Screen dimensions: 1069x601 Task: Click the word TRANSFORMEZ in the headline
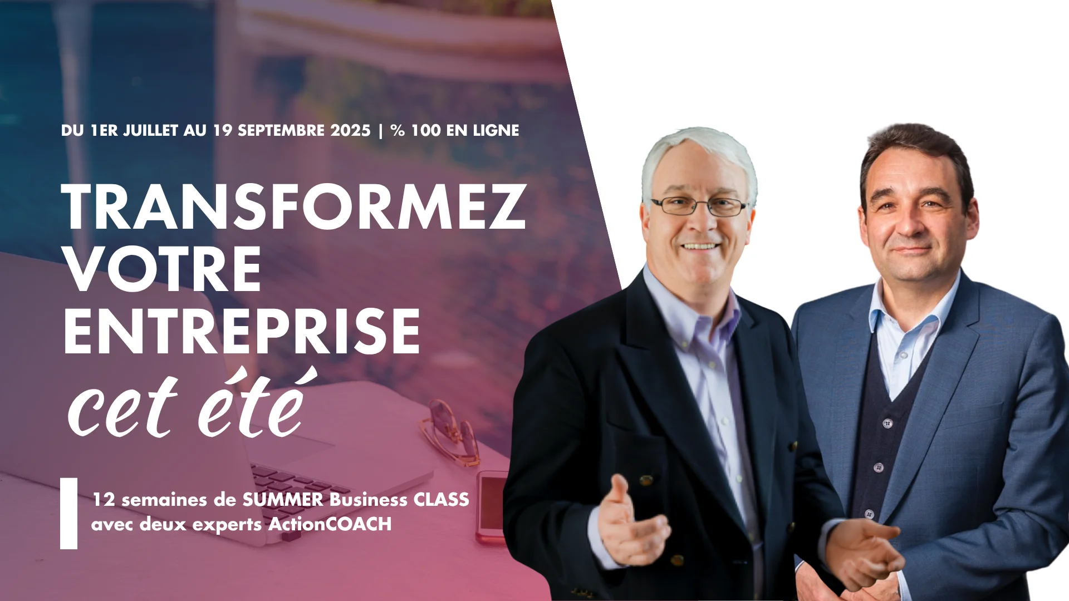click(x=293, y=206)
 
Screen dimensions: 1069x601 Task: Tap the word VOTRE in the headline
click(x=163, y=269)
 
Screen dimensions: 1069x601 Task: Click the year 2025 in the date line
click(x=350, y=130)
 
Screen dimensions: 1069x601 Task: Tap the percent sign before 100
click(x=398, y=130)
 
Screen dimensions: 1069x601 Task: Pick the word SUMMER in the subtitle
click(x=282, y=499)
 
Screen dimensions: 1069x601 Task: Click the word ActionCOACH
click(x=330, y=524)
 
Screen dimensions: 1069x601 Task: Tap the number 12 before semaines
click(x=104, y=500)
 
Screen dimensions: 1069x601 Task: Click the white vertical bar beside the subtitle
click(x=68, y=513)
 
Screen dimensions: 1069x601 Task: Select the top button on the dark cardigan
click(x=887, y=423)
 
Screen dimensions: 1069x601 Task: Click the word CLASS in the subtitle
click(x=441, y=499)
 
